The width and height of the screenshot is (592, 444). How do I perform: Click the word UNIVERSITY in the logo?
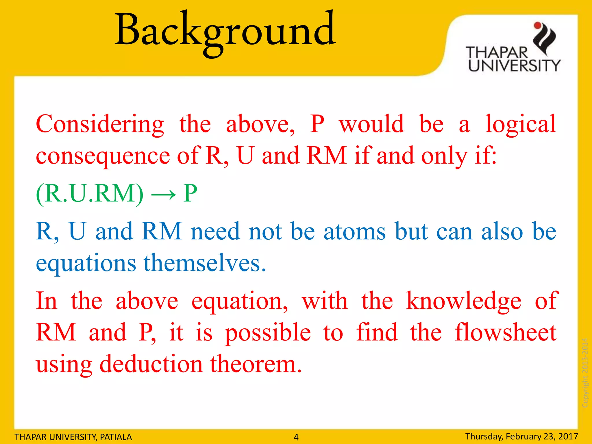(514, 66)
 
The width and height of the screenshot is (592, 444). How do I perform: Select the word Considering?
(100, 124)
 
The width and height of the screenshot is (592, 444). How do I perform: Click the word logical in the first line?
(521, 124)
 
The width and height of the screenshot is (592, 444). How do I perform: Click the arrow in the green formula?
(163, 194)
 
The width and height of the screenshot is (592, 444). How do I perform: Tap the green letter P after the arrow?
(190, 193)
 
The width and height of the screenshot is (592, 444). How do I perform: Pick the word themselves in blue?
(205, 263)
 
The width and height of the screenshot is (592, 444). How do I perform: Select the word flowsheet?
(506, 332)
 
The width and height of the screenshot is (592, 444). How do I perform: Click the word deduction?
(151, 364)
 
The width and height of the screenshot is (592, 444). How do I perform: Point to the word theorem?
(256, 364)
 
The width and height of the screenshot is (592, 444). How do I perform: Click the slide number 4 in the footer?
(296, 437)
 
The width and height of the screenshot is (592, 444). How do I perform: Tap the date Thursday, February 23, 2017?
(521, 436)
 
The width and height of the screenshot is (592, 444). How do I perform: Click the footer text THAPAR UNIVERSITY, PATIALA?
(73, 437)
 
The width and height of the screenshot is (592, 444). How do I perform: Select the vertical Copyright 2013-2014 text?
(585, 373)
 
